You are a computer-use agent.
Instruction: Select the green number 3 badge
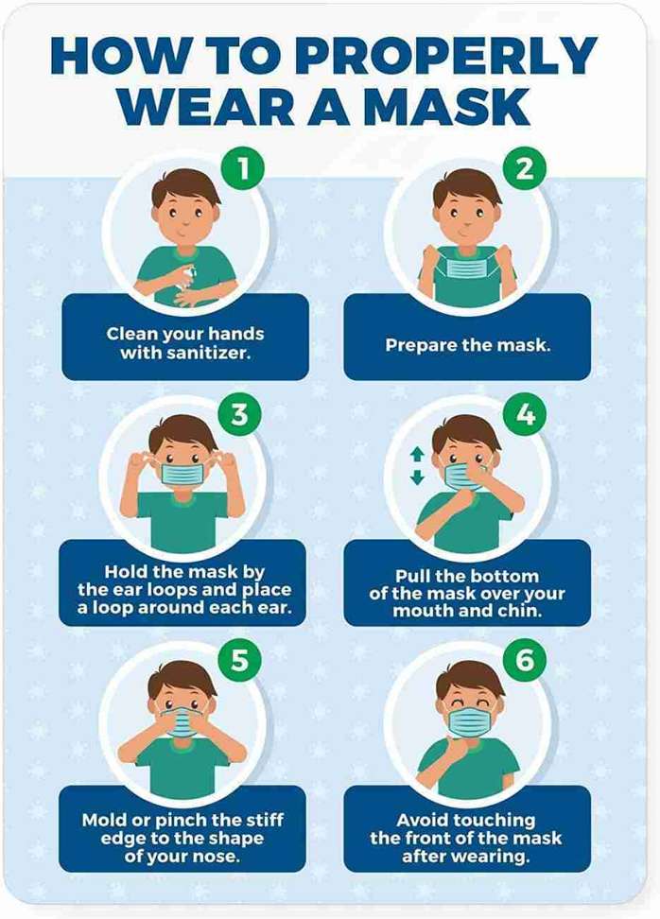(240, 414)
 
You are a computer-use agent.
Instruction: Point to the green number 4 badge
(525, 414)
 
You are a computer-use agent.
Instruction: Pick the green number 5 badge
(240, 660)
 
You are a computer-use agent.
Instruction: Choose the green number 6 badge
(525, 660)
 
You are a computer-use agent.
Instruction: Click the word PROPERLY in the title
(446, 57)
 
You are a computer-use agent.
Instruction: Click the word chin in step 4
(520, 611)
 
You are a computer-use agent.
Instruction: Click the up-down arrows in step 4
(417, 466)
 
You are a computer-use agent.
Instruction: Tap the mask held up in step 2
(466, 266)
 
